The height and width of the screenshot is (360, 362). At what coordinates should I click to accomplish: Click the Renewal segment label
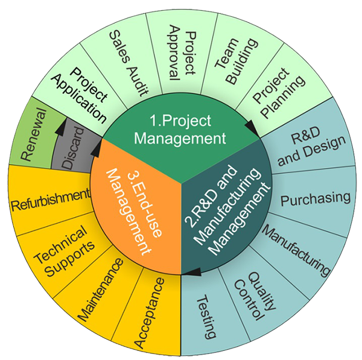34,134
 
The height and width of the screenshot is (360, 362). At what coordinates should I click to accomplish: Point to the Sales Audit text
129,63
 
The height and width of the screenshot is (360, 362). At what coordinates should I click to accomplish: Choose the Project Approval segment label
183,53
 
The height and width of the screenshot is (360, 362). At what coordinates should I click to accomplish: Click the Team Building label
236,60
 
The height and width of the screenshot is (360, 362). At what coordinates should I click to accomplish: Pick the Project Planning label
278,92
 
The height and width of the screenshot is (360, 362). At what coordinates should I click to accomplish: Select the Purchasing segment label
316,198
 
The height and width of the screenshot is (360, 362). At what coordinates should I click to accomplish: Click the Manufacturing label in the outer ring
296,250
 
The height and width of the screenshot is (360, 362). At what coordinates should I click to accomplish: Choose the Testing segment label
206,317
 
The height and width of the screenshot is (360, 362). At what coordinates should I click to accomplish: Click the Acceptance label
150,313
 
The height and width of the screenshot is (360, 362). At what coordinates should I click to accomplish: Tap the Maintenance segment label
100,289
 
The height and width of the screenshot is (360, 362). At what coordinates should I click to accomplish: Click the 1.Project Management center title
180,130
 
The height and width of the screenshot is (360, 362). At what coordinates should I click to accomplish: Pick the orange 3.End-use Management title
134,211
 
